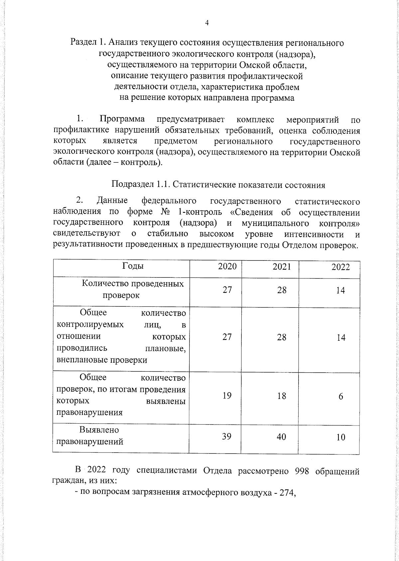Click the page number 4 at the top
[x=207, y=23]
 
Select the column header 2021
[x=282, y=267]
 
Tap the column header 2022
[x=340, y=267]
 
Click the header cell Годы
[x=133, y=266]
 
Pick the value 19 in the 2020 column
[x=227, y=395]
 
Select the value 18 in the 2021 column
[x=282, y=396]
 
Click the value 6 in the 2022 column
[x=341, y=397]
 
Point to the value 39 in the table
[x=227, y=436]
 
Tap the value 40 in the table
[x=281, y=437]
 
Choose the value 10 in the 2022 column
[x=340, y=437]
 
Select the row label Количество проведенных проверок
[x=132, y=289]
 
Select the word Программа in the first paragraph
[x=122, y=119]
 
